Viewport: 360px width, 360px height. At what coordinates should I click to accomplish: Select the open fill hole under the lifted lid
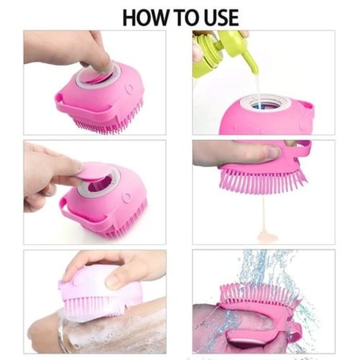100,184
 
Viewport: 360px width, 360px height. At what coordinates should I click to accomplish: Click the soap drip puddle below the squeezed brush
266,235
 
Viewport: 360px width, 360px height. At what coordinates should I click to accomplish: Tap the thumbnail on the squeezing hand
274,152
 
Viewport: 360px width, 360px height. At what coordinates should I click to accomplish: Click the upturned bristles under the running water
258,294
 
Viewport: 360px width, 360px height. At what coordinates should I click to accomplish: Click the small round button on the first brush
130,88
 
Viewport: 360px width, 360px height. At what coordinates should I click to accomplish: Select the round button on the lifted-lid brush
126,198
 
